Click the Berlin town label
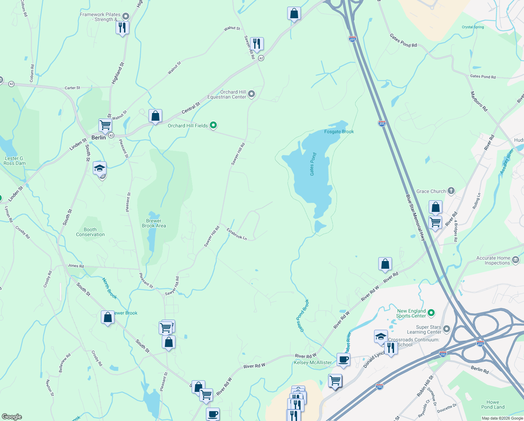tap(98, 138)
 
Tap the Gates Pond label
tap(313, 164)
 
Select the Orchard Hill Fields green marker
tap(213, 126)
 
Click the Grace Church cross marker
tap(451, 191)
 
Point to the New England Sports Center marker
tap(431, 313)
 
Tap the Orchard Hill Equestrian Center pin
tap(251, 94)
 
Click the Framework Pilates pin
tap(126, 16)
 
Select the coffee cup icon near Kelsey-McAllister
tap(343, 360)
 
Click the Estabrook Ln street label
tap(237, 234)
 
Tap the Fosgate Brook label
tap(339, 132)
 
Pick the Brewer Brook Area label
tap(154, 223)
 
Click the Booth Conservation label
tap(90, 232)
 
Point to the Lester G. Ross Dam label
tap(14, 161)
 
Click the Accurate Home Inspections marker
tap(515, 260)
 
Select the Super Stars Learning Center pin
tap(446, 329)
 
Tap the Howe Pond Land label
tap(492, 405)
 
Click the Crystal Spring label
tap(473, 27)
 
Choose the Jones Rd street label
tap(76, 266)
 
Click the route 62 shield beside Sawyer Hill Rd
tap(261, 58)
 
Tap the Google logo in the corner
tap(12, 416)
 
